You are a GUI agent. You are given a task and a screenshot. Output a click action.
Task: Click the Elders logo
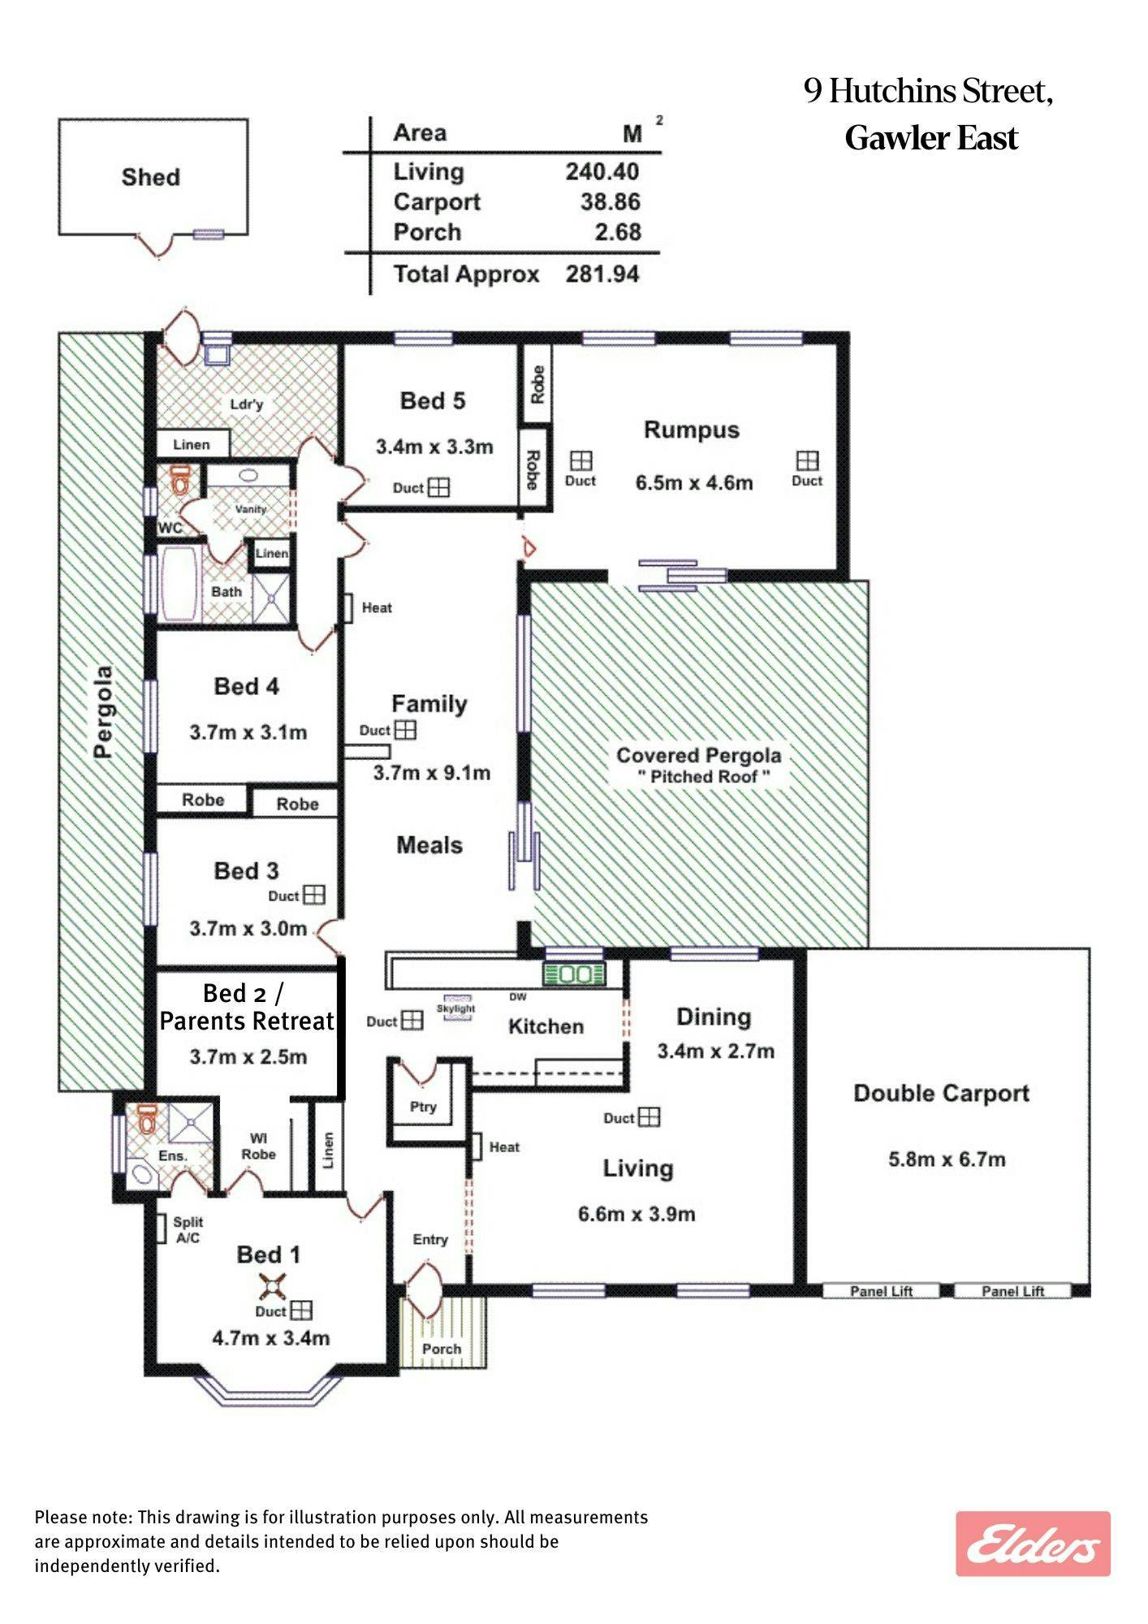1033,1543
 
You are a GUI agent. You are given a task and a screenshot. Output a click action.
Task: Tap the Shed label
151,177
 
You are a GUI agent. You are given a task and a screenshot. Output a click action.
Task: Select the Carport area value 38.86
611,201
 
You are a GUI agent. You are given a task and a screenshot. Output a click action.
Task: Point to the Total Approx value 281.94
602,274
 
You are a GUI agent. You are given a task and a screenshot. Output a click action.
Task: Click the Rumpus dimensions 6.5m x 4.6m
694,483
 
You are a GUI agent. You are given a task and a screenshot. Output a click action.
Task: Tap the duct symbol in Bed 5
438,487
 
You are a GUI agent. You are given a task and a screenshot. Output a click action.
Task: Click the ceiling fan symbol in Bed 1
270,1287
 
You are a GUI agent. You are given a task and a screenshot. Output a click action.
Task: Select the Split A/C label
188,1230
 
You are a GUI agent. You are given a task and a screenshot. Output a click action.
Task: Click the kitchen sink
574,974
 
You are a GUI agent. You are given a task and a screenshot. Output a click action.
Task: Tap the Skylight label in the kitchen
456,1009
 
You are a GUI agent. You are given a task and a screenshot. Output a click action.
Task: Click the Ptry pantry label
423,1107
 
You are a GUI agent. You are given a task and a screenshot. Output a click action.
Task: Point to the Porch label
442,1349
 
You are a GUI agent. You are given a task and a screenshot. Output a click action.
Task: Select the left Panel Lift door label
882,1291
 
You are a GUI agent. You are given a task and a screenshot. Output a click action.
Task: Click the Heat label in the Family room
377,607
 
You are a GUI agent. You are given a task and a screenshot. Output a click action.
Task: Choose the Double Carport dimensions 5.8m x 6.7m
947,1160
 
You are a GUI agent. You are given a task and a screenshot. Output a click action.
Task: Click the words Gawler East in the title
931,138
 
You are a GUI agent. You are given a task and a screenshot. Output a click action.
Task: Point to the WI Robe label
258,1146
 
